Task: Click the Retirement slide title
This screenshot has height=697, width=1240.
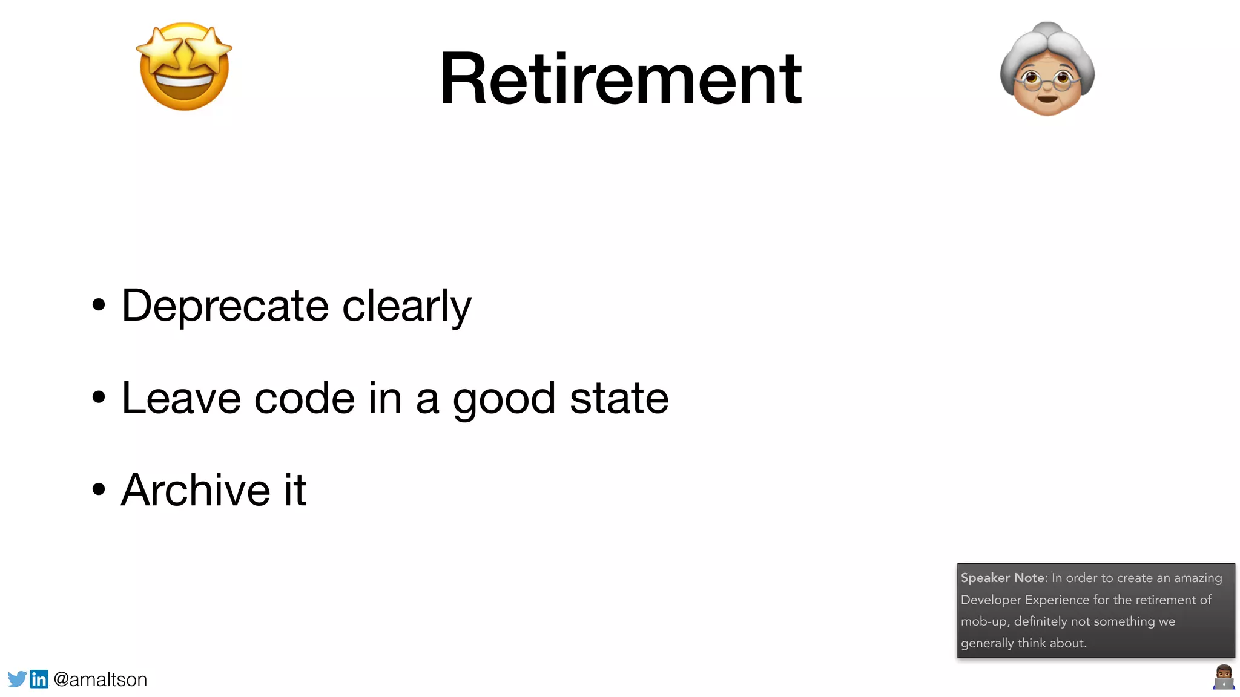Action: pos(620,79)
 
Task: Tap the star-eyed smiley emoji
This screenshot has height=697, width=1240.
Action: pos(184,67)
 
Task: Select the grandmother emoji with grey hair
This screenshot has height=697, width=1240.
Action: pos(1047,70)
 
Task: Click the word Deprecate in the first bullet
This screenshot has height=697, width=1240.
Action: pos(225,306)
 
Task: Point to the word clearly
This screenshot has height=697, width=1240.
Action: pos(406,306)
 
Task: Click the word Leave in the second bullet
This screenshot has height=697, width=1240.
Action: pos(181,398)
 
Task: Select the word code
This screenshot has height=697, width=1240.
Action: pos(304,398)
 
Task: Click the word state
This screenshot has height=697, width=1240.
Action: pos(619,398)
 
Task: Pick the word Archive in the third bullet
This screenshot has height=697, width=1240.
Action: pos(195,490)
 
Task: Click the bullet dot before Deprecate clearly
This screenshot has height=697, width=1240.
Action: pos(99,305)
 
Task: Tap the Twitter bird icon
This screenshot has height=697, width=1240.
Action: pos(17,679)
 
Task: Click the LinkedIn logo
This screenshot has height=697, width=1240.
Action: pos(39,679)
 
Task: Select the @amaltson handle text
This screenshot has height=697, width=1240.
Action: pos(101,679)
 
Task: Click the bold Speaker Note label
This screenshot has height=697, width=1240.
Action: pos(1003,578)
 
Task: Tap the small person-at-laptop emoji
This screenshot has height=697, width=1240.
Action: pos(1224,677)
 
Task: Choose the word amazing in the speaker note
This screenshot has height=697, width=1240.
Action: pos(1198,578)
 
